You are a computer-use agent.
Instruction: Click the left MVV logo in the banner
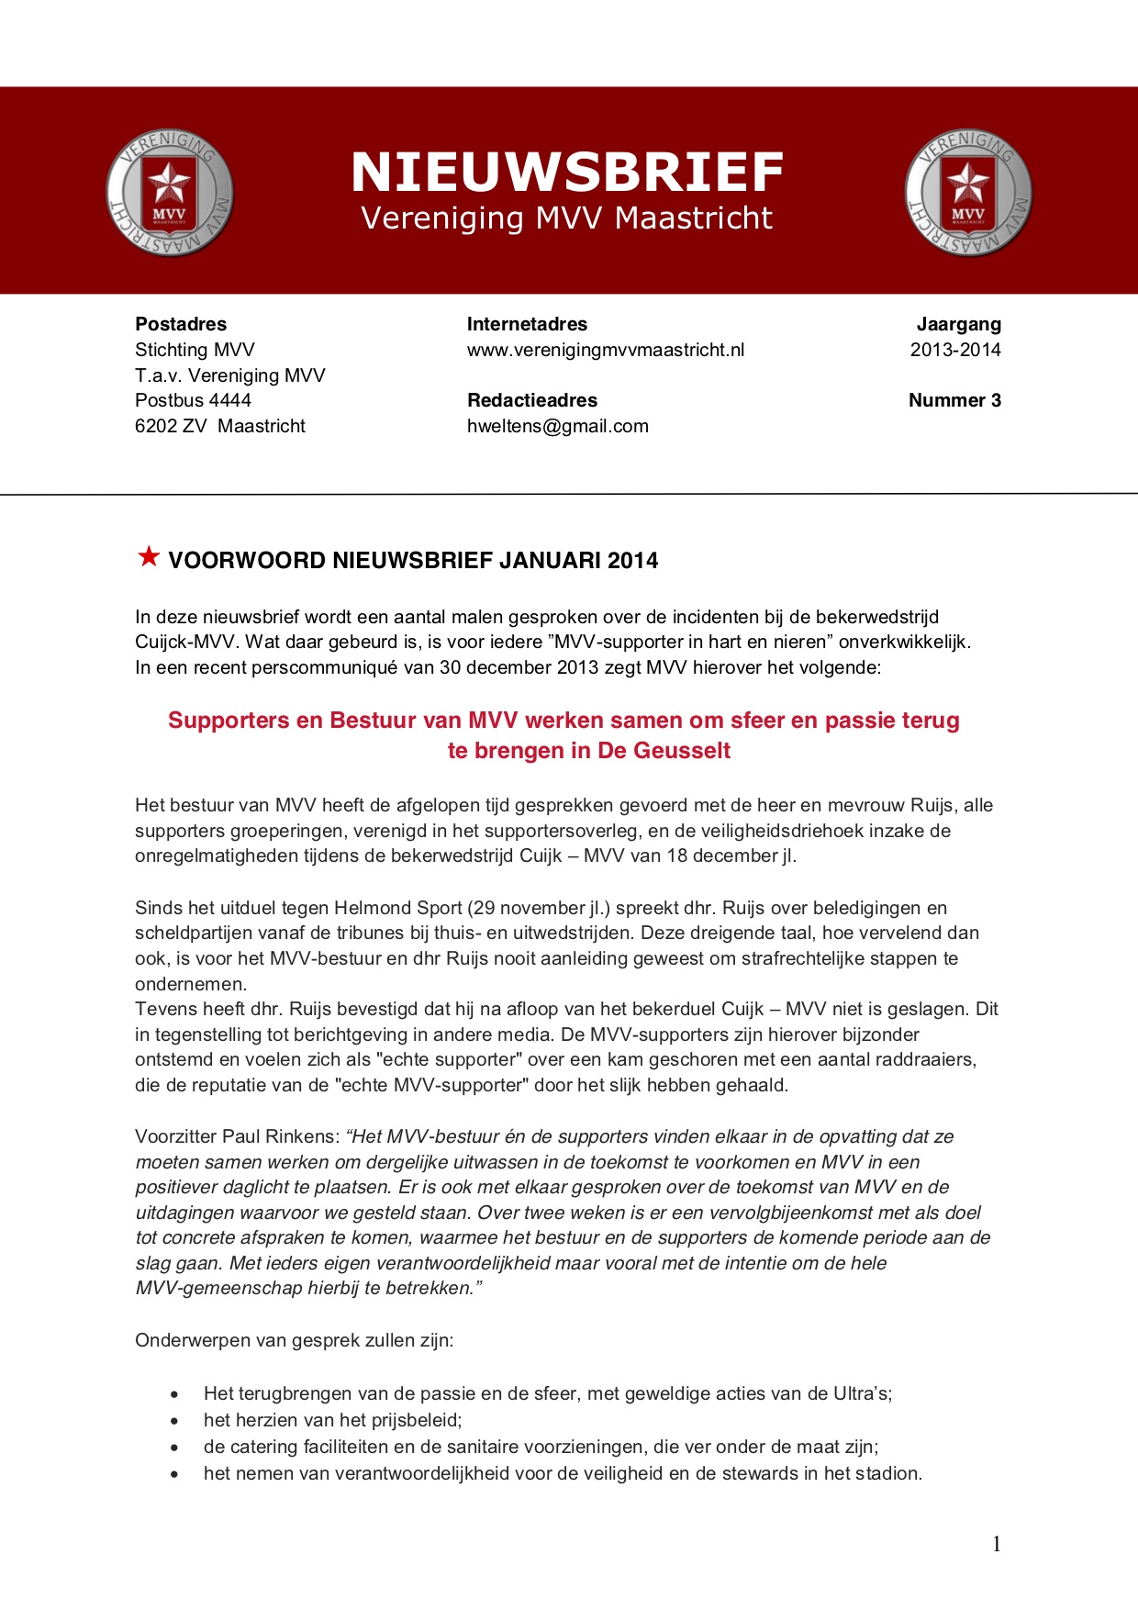point(170,193)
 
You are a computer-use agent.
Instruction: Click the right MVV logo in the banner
point(968,193)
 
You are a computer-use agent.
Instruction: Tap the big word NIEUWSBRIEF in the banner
point(567,173)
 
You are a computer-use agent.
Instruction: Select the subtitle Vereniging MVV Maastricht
point(567,218)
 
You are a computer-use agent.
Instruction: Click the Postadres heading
point(181,324)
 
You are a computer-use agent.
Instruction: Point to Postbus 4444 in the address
point(193,400)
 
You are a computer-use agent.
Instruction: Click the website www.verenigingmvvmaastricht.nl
point(606,350)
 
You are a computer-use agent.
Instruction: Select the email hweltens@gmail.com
point(558,426)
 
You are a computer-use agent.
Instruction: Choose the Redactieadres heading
point(532,400)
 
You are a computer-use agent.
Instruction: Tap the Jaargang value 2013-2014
point(955,350)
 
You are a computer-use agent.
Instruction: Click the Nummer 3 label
point(954,400)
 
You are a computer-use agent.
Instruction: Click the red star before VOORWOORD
point(149,556)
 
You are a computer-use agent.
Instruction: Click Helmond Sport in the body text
point(398,908)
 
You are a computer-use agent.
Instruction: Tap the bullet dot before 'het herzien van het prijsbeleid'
point(174,1421)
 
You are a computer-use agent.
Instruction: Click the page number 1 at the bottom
point(997,1544)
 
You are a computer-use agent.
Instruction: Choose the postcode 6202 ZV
point(172,426)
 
